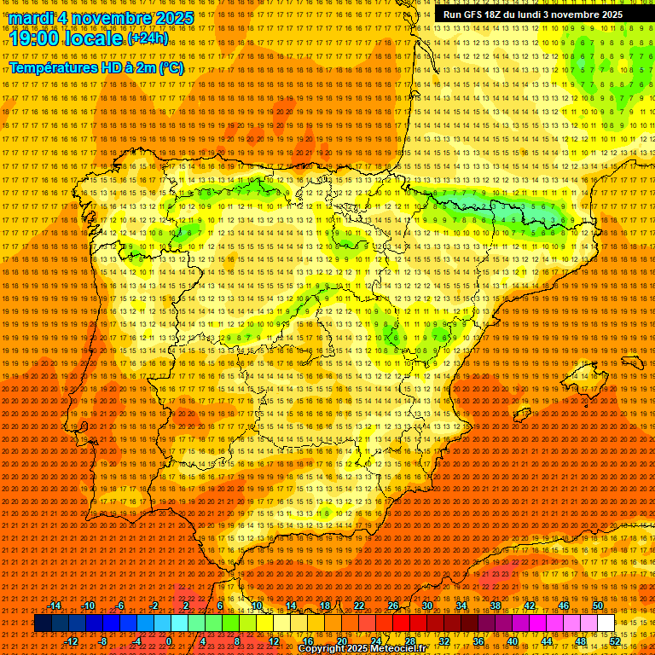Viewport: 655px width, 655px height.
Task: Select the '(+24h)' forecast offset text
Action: click(x=147, y=38)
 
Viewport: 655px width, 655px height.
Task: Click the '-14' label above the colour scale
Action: click(x=55, y=606)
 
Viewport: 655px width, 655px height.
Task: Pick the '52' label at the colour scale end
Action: click(x=615, y=641)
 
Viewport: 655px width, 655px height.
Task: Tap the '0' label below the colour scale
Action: click(x=169, y=641)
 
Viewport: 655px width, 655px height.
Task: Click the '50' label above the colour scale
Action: click(x=598, y=606)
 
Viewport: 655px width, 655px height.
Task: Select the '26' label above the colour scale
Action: click(x=393, y=606)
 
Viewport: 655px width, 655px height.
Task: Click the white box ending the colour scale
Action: click(x=606, y=623)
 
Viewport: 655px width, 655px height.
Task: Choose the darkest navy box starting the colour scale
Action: click(x=43, y=623)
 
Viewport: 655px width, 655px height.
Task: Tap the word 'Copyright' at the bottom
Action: click(x=323, y=649)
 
